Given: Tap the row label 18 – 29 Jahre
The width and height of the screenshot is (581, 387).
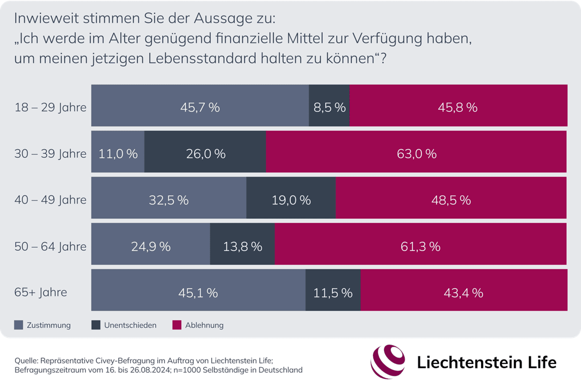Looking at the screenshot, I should (x=50, y=108).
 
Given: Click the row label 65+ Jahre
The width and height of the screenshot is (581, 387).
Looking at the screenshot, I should (x=41, y=292).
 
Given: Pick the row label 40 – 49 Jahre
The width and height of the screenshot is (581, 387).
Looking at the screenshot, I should (x=50, y=200).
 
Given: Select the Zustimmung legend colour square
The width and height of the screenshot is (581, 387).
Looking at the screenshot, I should (x=18, y=325).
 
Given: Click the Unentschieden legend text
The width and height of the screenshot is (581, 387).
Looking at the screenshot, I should (x=130, y=325).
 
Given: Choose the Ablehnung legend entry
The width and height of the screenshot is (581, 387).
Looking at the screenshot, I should (x=204, y=325).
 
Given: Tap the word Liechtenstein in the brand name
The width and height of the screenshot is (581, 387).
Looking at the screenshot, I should (x=462, y=363).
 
